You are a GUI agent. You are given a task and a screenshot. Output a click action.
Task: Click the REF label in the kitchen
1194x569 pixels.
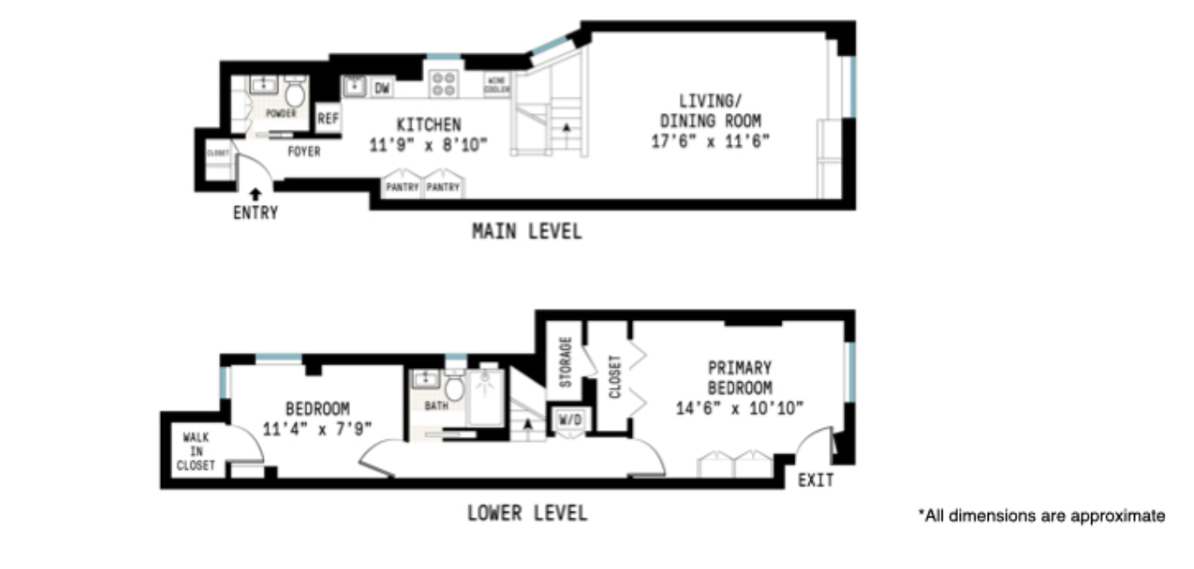pos(327,119)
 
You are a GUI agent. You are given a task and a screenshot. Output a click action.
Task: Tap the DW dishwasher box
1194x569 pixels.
pos(382,88)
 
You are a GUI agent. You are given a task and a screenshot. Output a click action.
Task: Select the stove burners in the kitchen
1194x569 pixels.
pos(443,84)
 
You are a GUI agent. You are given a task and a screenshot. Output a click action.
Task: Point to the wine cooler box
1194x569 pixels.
pos(497,84)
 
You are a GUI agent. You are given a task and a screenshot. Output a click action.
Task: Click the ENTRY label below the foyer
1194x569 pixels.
pos(255,212)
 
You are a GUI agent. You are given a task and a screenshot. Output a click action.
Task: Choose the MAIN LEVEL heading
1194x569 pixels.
pos(527,231)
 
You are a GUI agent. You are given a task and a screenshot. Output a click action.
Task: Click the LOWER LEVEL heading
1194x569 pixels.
pos(527,512)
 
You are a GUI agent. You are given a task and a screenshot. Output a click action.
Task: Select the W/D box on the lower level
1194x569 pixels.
pos(570,420)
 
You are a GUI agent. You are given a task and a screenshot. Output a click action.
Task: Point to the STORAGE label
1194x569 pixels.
pos(565,362)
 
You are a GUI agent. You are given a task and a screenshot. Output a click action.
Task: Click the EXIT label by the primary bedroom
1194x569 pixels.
pos(815,479)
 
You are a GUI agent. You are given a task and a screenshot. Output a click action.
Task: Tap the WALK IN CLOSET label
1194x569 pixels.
pos(195,452)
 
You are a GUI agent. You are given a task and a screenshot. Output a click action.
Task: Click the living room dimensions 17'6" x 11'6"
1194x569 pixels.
pos(710,141)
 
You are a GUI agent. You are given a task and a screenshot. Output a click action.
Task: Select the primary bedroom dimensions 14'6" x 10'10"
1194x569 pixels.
pos(739,406)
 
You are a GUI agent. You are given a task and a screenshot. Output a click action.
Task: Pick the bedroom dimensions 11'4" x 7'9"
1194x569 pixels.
pos(317,428)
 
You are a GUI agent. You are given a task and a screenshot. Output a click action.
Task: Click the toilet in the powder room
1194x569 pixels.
pos(295,93)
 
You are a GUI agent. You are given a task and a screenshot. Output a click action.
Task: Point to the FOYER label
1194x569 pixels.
pos(304,151)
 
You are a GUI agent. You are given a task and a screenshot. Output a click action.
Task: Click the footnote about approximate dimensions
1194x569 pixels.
pos(1041,516)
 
